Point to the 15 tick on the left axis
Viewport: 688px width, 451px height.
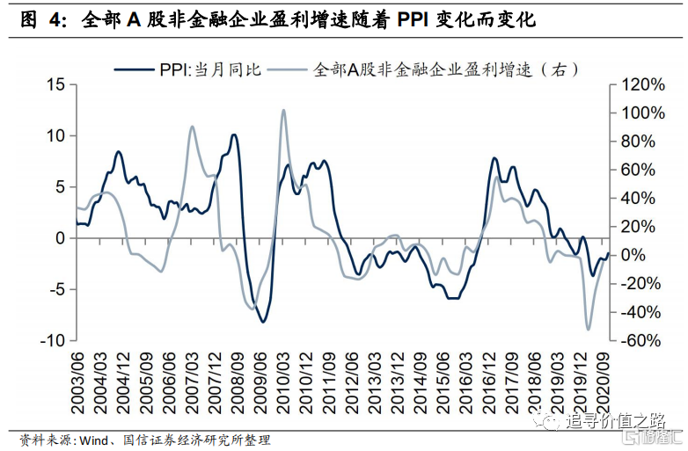tap(56, 84)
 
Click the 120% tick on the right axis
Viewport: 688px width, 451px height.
tap(642, 84)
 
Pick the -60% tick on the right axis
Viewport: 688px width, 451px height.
tap(641, 340)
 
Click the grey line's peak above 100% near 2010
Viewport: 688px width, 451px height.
tap(283, 111)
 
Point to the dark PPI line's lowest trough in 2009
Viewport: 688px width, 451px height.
tap(262, 322)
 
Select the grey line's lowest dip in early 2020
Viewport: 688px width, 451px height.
tap(589, 330)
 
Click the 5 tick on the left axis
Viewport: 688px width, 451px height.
tap(60, 187)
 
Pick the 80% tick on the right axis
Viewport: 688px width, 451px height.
tap(637, 142)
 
